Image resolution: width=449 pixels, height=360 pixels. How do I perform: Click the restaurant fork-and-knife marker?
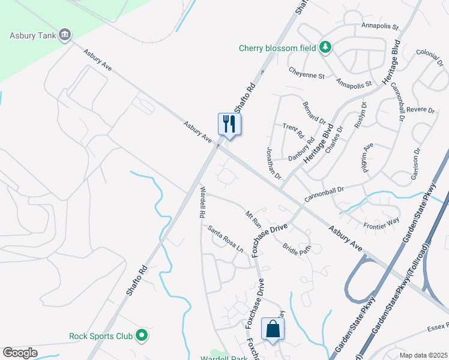coord(229,124)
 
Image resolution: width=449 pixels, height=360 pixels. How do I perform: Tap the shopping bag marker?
coord(273,329)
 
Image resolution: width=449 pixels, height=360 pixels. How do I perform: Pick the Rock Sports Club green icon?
coord(142,335)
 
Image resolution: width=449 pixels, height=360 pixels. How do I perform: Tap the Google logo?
coord(20,353)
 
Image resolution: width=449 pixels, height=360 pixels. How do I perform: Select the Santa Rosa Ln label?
coord(226,238)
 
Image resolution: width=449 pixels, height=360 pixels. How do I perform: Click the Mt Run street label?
coord(254,219)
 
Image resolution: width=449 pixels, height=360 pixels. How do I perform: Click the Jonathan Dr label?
coord(274,162)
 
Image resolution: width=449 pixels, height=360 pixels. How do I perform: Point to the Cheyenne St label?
coord(306,76)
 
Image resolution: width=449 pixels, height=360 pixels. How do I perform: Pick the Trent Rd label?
coord(294,130)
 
